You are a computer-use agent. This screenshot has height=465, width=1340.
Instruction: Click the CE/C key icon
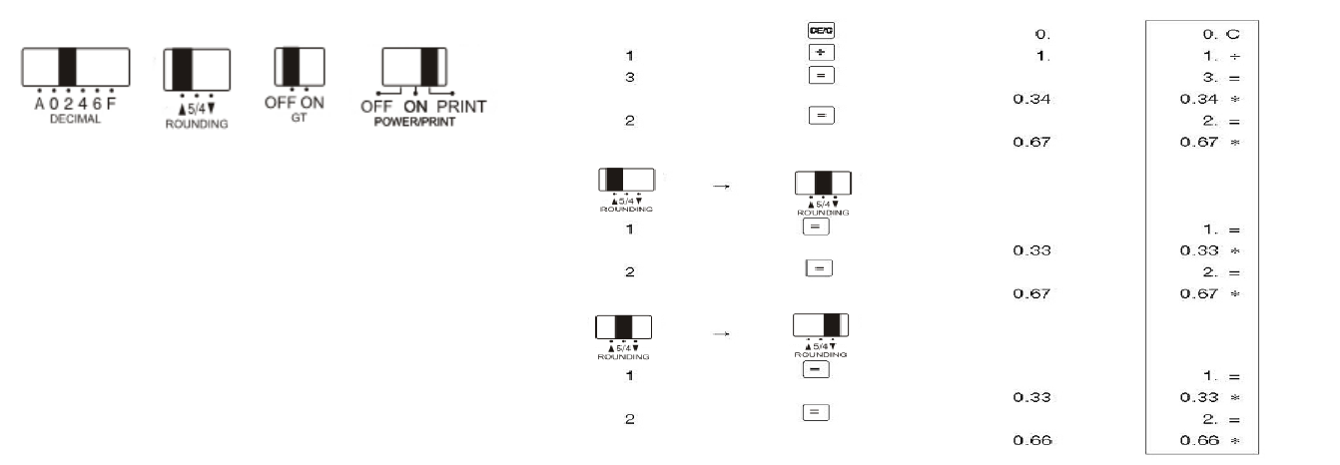click(x=820, y=31)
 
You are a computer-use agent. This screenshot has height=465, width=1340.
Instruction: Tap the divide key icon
click(x=820, y=53)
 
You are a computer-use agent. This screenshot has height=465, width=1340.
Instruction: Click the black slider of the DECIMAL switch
click(x=67, y=67)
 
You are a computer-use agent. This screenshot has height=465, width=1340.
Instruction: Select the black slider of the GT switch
click(x=293, y=66)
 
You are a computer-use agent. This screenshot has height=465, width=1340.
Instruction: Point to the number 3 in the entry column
click(x=629, y=77)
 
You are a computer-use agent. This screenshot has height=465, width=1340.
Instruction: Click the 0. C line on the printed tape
click(x=1221, y=35)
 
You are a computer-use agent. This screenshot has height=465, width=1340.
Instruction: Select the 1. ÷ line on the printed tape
click(x=1221, y=56)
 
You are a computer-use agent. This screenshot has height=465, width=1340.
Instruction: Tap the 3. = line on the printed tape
click(x=1221, y=77)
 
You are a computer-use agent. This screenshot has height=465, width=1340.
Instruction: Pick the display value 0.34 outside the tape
click(x=1032, y=99)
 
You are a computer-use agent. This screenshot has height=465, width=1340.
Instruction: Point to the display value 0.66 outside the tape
click(x=1032, y=440)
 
